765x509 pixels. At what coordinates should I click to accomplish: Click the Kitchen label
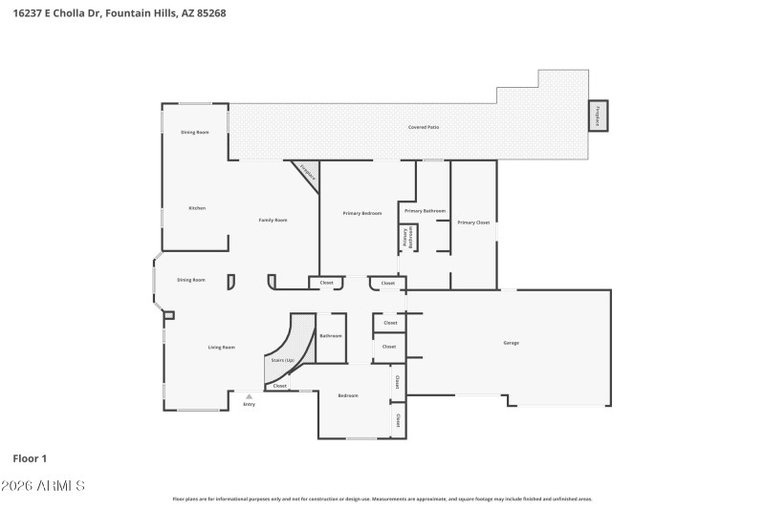pos(197,208)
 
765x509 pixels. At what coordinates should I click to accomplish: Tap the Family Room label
pos(273,220)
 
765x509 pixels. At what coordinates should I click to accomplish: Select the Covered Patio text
pos(424,127)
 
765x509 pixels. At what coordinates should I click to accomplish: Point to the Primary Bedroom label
pos(362,213)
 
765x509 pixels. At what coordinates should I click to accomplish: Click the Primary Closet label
pos(472,222)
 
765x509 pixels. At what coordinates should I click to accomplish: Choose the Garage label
pos(512,343)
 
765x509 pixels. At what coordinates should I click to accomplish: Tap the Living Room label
pos(222,348)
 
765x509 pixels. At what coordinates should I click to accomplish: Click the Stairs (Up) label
pos(282,360)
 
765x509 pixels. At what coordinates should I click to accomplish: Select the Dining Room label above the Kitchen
pos(195,132)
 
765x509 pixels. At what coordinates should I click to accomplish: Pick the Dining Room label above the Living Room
pos(191,280)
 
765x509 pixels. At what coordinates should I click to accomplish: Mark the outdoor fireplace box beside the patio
pos(598,116)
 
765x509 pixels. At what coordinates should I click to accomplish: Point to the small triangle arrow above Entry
pos(249,395)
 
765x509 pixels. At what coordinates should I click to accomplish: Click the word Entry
pos(249,405)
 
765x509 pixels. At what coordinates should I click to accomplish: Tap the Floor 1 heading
pos(31,459)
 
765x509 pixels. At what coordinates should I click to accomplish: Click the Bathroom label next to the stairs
pos(331,336)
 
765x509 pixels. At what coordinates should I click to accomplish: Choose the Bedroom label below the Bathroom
pos(348,395)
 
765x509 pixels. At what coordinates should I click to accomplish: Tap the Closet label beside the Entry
pos(279,386)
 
